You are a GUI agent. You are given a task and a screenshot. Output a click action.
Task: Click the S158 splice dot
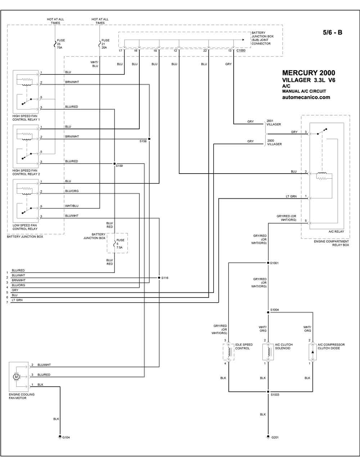pyautogui.click(x=149, y=139)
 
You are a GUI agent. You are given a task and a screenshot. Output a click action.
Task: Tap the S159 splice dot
pyautogui.click(x=114, y=163)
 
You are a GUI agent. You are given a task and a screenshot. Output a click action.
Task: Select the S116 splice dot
pyautogui.click(x=159, y=278)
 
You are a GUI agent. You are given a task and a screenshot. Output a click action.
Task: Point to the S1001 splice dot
pyautogui.click(x=268, y=263)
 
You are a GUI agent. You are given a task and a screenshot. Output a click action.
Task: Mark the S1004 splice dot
pyautogui.click(x=268, y=312)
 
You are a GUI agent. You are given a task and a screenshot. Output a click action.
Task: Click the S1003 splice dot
pyautogui.click(x=268, y=391)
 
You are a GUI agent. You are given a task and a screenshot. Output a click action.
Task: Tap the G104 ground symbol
pyautogui.click(x=60, y=437)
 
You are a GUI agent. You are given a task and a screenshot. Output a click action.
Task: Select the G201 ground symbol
pyautogui.click(x=268, y=436)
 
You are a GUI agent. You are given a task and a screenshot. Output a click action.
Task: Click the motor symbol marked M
pyautogui.click(x=16, y=377)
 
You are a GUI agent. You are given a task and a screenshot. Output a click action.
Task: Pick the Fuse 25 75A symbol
pyautogui.click(x=55, y=44)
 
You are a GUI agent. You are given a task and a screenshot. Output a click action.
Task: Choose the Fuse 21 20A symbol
pyautogui.click(x=99, y=44)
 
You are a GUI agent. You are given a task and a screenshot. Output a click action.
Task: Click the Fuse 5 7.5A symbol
pyautogui.click(x=114, y=243)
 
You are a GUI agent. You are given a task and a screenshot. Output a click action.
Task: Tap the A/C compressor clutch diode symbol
pyautogui.click(x=312, y=352)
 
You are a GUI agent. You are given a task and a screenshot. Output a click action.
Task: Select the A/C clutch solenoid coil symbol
pyautogui.click(x=269, y=352)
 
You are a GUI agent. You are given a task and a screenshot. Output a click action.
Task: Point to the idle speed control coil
pyautogui.click(x=229, y=352)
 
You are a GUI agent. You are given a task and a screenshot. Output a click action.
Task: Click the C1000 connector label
pyautogui.click(x=241, y=50)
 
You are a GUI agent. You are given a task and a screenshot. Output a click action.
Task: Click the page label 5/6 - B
pyautogui.click(x=333, y=32)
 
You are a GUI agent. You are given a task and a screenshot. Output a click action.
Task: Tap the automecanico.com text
pyautogui.click(x=306, y=97)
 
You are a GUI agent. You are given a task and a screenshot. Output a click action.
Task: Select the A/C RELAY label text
pyautogui.click(x=336, y=232)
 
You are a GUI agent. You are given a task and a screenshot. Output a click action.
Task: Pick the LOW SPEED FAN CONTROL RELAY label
pyautogui.click(x=25, y=227)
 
